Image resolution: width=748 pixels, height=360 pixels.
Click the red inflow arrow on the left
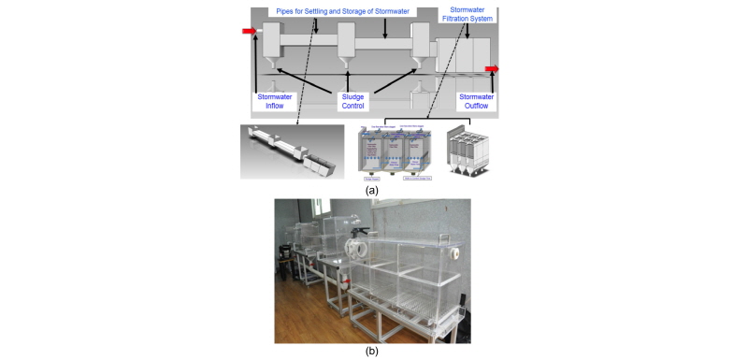(x=249, y=31)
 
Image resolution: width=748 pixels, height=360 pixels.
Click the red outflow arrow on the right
(x=492, y=69)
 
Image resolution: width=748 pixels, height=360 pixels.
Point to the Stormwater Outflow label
(x=478, y=100)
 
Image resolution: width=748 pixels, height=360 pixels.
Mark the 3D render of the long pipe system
(x=292, y=152)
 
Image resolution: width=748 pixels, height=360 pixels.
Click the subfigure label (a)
(x=372, y=189)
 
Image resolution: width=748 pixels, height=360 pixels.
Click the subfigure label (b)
(x=372, y=353)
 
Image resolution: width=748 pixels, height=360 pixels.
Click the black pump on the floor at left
(x=283, y=252)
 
